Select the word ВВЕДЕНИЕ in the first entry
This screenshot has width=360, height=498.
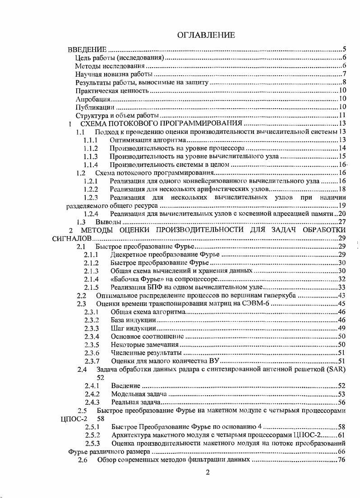tap(87, 50)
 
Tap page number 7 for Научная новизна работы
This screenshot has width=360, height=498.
tap(344, 74)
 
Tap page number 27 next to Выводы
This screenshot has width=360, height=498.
tap(342, 222)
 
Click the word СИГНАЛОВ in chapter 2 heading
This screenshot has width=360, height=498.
tap(72, 238)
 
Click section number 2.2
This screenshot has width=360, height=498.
tap(82, 296)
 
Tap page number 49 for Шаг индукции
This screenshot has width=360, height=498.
tap(342, 328)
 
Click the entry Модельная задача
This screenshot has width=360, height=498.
tap(137, 394)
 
